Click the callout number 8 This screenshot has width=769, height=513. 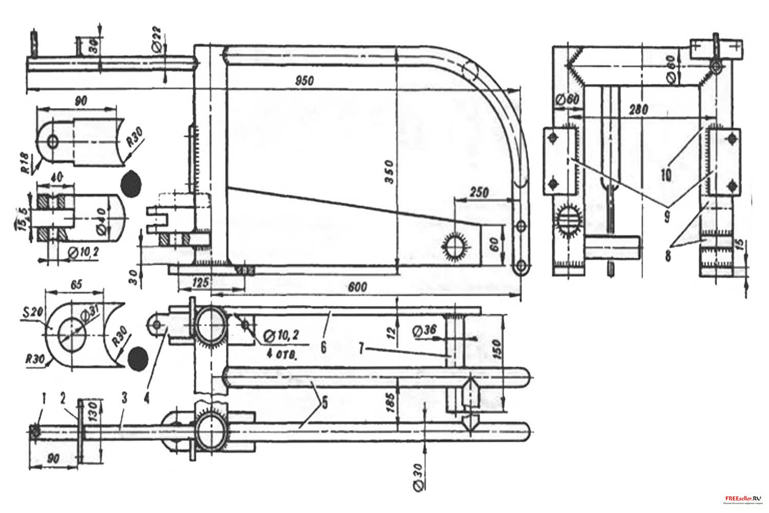668,255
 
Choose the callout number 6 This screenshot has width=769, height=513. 323,347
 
